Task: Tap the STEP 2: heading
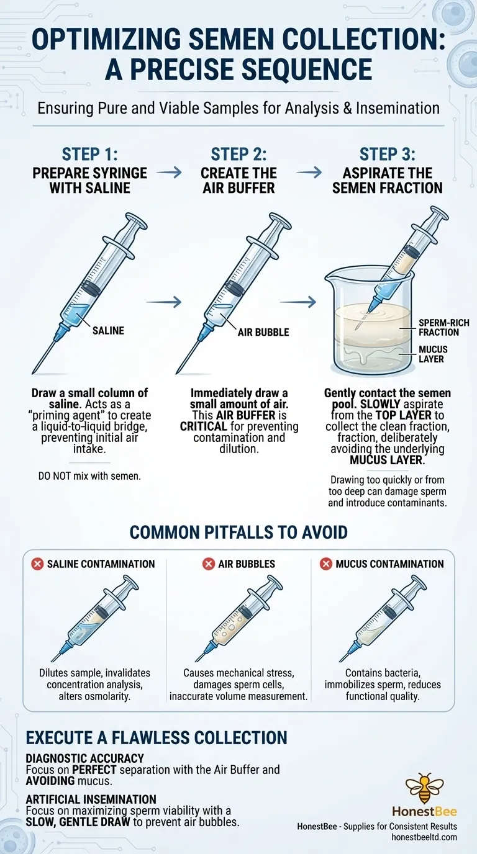tap(238, 154)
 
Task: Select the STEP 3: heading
tap(388, 154)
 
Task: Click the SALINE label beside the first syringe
tap(108, 331)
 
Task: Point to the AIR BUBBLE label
tap(263, 332)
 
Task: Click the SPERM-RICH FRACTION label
tap(443, 328)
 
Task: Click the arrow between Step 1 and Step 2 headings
tap(168, 173)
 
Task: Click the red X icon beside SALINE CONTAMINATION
tap(37, 564)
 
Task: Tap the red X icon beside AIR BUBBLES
tap(208, 564)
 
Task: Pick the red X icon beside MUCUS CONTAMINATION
tap(325, 564)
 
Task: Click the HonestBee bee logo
tap(425, 788)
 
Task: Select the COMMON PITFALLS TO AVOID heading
tap(238, 532)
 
